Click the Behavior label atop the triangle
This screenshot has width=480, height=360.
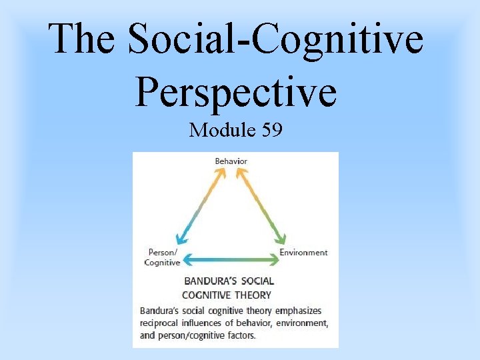[x=231, y=161]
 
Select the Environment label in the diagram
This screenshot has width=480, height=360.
[x=303, y=253]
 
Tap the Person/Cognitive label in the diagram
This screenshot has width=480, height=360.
[x=162, y=257]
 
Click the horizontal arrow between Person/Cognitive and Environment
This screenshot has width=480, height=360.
[x=231, y=258]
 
